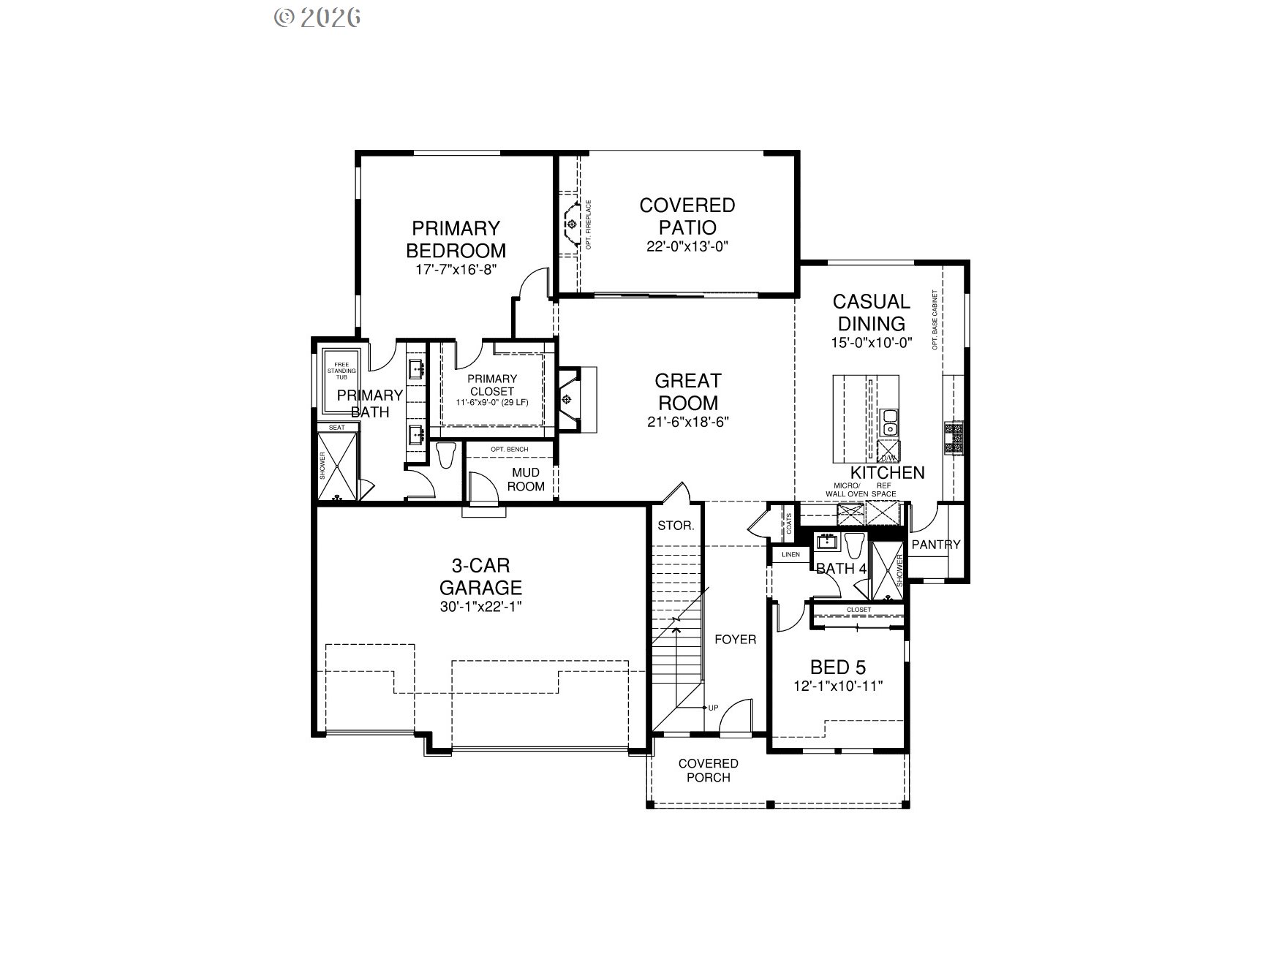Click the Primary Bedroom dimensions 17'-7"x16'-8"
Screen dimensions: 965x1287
tap(456, 269)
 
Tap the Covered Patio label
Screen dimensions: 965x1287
tap(687, 216)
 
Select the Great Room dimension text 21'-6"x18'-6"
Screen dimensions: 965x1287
tap(687, 422)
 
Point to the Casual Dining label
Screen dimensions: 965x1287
tap(872, 312)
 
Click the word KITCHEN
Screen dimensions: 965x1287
tap(887, 473)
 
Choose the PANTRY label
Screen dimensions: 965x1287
tap(935, 545)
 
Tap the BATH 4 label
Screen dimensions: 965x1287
tap(841, 569)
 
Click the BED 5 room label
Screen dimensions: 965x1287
tap(838, 667)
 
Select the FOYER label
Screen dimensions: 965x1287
tap(735, 640)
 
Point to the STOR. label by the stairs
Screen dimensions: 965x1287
tap(676, 526)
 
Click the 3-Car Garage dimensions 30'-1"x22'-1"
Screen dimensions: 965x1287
tap(480, 607)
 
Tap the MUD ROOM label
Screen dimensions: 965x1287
tap(526, 480)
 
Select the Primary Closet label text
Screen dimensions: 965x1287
tap(492, 385)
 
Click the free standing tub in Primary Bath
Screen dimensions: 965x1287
tap(341, 382)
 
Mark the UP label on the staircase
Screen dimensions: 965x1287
tap(713, 708)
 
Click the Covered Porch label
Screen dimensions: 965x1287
tap(708, 771)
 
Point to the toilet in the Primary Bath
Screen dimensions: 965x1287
tap(445, 455)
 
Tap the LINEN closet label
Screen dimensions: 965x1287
tap(790, 555)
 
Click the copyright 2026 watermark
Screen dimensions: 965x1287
tap(317, 18)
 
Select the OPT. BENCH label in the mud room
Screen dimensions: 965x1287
tap(509, 449)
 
